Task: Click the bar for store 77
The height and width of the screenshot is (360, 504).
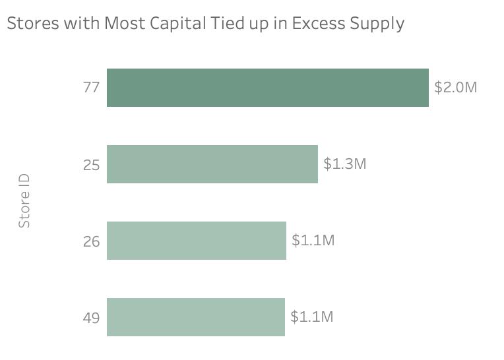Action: tap(267, 88)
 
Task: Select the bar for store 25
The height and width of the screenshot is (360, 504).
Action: tap(212, 164)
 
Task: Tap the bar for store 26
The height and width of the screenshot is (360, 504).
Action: tap(196, 241)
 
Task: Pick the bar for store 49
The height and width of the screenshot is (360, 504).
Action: tap(195, 317)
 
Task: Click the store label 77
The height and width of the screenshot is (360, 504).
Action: tap(91, 88)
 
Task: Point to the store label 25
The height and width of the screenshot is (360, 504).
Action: tap(91, 165)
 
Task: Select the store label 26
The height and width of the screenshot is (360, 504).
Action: tap(91, 241)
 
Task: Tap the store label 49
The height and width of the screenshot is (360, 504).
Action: tap(91, 318)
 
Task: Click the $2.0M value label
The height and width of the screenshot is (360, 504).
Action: tap(455, 87)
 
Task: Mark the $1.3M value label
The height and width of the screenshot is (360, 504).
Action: tap(344, 164)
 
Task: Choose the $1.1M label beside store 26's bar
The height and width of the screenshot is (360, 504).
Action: tap(313, 240)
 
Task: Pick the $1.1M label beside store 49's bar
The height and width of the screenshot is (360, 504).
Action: tap(312, 316)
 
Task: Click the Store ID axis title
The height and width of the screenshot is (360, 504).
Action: tap(24, 201)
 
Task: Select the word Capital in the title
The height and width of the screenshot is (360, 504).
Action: tap(159, 24)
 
